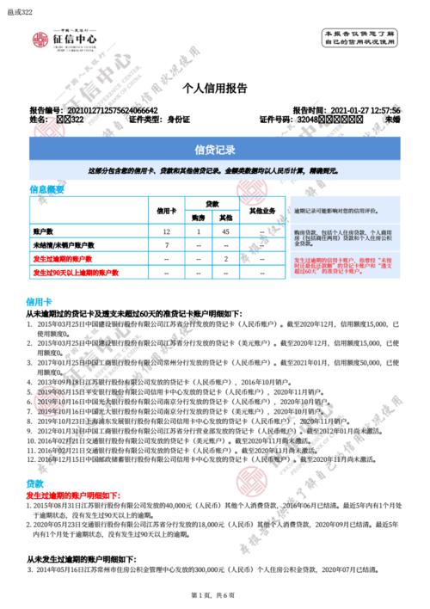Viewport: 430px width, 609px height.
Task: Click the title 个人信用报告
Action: [215, 89]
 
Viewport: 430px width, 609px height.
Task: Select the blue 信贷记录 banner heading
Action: [215, 151]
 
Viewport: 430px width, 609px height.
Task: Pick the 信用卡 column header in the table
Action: [166, 210]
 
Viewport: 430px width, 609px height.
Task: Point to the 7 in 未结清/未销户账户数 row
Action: [166, 245]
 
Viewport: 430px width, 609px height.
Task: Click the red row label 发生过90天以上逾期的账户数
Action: [74, 272]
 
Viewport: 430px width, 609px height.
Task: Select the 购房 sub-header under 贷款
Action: [199, 217]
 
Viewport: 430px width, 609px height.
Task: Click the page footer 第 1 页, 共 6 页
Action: [215, 595]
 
